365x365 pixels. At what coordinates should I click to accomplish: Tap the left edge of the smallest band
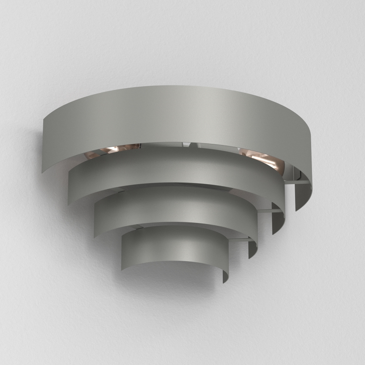tap(123, 252)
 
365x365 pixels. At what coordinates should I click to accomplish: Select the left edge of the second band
tap(69, 185)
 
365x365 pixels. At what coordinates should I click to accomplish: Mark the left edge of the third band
tap(96, 219)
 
